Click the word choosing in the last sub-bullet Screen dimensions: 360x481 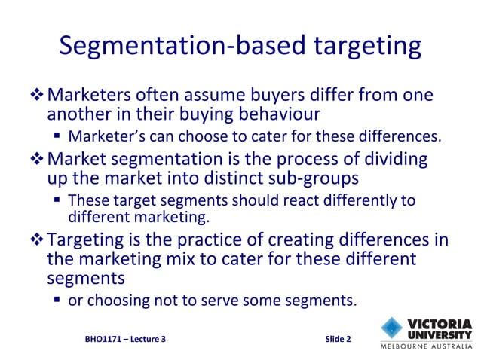click(123, 301)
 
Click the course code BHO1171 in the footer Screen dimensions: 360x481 click(104, 339)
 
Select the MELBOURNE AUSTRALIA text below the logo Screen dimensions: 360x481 click(425, 348)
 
